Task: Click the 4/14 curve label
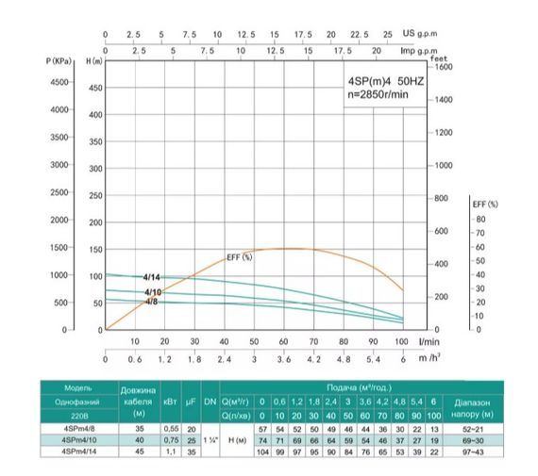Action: tap(152, 277)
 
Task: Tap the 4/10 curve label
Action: tap(152, 293)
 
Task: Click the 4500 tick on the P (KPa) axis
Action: tap(58, 83)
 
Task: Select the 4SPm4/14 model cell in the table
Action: tap(78, 451)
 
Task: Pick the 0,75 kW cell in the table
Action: tap(171, 439)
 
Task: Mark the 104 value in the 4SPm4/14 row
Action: tap(263, 451)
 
